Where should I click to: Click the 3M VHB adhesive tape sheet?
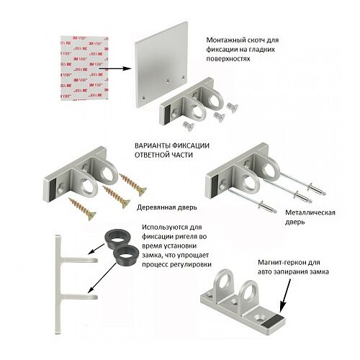[x=84, y=68]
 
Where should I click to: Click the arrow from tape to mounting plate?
[x=115, y=68]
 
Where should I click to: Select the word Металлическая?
[x=310, y=212]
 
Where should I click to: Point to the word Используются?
[x=165, y=227]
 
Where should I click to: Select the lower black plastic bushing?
[x=126, y=255]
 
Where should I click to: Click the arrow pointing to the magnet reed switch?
[x=285, y=296]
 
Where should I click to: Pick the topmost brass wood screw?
[x=132, y=184]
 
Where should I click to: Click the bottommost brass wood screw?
[x=82, y=209]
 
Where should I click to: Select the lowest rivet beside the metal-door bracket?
[x=253, y=200]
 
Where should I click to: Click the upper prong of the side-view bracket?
[x=79, y=260]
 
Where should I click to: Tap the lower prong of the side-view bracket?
[x=79, y=297]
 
